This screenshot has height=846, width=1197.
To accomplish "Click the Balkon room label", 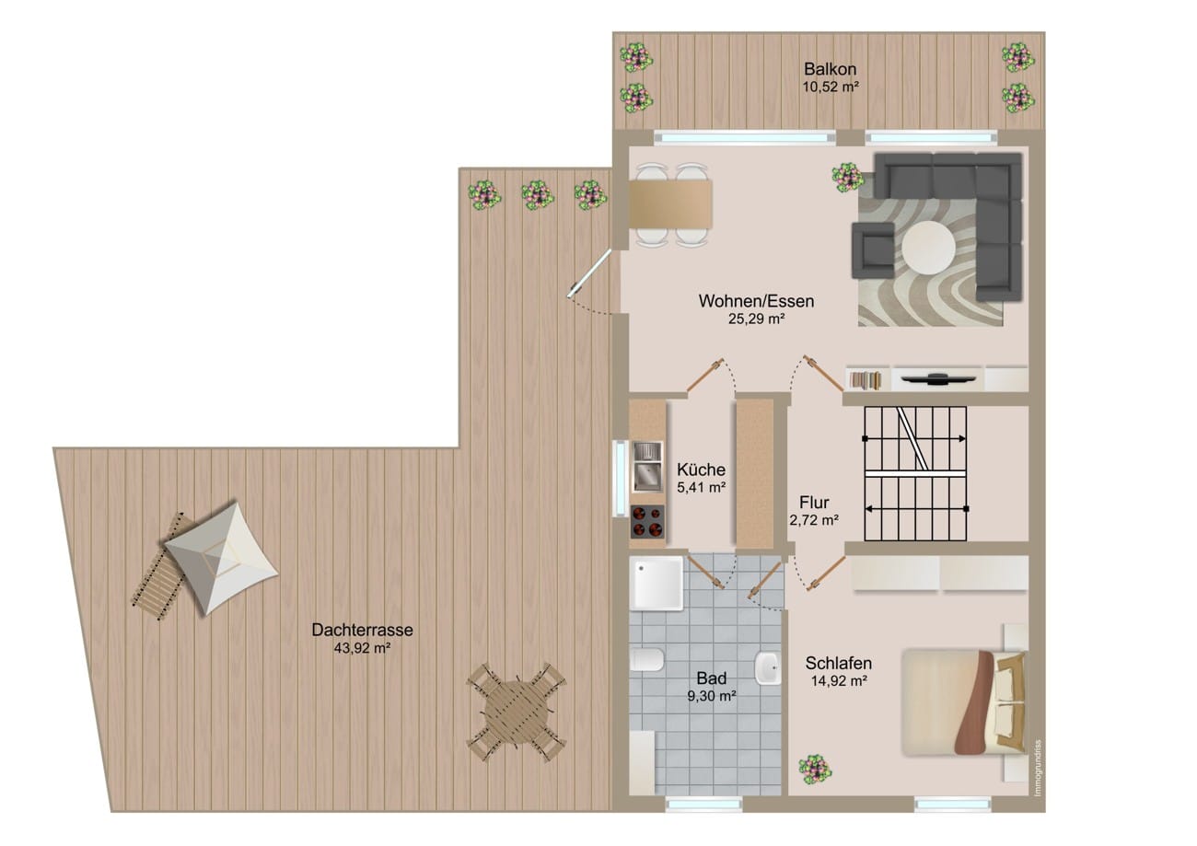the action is tap(830, 69).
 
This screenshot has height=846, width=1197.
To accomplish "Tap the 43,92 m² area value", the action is tap(362, 648).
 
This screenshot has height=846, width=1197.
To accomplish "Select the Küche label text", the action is tap(701, 469).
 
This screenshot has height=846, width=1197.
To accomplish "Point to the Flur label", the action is tap(814, 502).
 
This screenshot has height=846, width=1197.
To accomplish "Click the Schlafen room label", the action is tap(839, 663).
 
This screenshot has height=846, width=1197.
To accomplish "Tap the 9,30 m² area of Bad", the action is tap(711, 696).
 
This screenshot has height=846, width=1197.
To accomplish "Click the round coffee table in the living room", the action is tap(928, 248).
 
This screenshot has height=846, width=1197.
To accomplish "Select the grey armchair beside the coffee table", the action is tap(873, 250).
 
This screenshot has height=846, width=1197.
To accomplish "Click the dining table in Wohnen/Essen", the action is tap(670, 203).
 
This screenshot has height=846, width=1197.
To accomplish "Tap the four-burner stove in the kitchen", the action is tap(647, 521).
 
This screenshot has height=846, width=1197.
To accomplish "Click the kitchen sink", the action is tap(647, 466).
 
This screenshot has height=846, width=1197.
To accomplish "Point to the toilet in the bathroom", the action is tap(646, 659).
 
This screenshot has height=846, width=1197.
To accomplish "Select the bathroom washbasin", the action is tap(768, 668).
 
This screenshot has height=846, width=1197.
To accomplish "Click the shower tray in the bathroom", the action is tap(657, 584).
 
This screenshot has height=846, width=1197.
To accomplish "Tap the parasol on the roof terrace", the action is tap(221, 558).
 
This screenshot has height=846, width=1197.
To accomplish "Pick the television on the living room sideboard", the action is tap(938, 378).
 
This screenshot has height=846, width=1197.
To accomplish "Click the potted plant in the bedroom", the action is tap(814, 769).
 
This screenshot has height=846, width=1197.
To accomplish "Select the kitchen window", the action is tap(620, 478).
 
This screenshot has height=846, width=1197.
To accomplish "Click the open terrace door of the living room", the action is tap(589, 272).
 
